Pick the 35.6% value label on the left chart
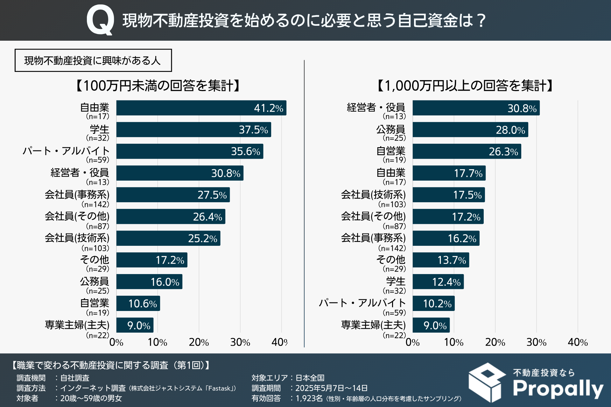pos(245,151)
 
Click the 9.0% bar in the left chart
pos(135,325)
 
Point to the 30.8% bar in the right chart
pos(476,108)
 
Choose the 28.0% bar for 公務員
pos(470,130)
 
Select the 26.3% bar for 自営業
pos(467,151)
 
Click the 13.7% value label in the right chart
pos(452,260)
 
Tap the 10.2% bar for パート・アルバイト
pos(433,304)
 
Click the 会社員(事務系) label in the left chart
pos(77,195)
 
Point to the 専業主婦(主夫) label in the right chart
pos(373,325)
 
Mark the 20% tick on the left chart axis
pos(199,342)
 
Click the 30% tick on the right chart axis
pos(537,342)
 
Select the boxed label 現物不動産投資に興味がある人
pos(93,60)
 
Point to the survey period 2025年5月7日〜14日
pos(331,388)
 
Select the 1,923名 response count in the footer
pos(309,398)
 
